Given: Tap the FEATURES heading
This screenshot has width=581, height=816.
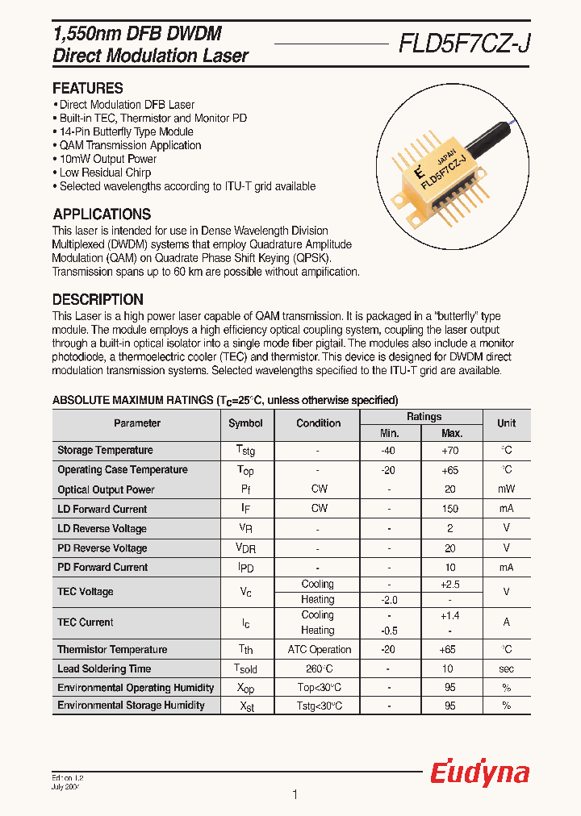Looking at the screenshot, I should click(x=88, y=89).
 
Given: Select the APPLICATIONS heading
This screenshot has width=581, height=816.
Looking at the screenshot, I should click(x=102, y=214).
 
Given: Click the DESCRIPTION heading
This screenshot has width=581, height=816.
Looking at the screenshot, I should click(x=98, y=299).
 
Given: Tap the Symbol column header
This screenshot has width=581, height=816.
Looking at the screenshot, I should click(x=245, y=423).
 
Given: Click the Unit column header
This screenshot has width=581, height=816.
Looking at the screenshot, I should click(x=506, y=423).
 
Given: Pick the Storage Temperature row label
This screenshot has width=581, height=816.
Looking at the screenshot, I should click(x=105, y=450).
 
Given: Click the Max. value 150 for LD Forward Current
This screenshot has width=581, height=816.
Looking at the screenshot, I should click(x=450, y=509).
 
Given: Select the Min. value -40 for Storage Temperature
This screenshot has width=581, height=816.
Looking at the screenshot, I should click(x=389, y=450).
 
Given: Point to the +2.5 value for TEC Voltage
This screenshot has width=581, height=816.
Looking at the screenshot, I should click(x=450, y=584).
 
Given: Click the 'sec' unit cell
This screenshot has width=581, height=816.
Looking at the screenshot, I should click(x=506, y=668).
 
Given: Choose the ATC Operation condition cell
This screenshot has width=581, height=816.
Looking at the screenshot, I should click(x=319, y=649).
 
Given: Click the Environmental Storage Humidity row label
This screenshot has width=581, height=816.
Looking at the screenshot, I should click(x=131, y=706).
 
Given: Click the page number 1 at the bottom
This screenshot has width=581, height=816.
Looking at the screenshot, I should click(x=295, y=795).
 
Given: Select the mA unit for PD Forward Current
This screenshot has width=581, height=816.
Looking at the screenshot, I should click(x=506, y=567).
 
